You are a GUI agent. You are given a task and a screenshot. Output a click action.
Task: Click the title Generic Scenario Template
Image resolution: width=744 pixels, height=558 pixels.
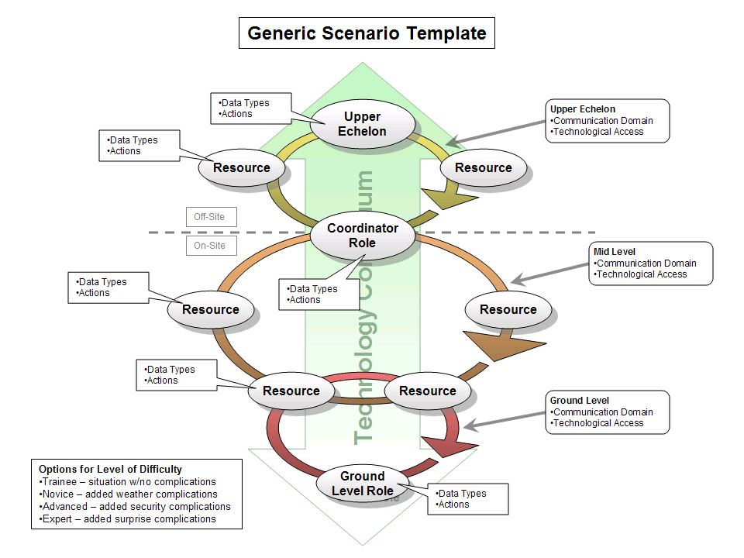tap(367, 33)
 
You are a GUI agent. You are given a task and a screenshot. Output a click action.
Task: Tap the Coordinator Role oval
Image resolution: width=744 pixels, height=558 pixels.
tap(363, 236)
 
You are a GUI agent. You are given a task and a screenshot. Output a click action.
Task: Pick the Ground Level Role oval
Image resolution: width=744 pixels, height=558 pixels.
tap(362, 484)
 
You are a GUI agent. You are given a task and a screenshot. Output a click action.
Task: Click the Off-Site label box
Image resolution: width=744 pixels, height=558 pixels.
tap(210, 217)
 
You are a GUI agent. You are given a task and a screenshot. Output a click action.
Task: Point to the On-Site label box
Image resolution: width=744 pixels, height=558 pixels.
tap(210, 246)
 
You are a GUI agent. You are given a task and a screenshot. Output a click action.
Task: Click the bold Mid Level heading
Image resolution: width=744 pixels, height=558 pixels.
tap(615, 252)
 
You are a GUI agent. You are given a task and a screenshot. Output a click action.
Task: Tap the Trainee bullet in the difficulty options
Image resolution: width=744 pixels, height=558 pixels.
tap(128, 482)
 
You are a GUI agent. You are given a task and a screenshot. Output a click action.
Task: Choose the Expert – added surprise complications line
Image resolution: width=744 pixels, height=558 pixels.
tap(128, 519)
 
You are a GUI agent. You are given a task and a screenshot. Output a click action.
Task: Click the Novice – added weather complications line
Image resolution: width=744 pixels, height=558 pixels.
tap(129, 494)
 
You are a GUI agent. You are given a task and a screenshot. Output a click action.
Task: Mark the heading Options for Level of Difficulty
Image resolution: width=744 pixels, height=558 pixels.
tap(111, 469)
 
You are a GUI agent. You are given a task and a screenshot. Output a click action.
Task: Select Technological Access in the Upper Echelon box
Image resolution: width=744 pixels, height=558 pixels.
tap(597, 132)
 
